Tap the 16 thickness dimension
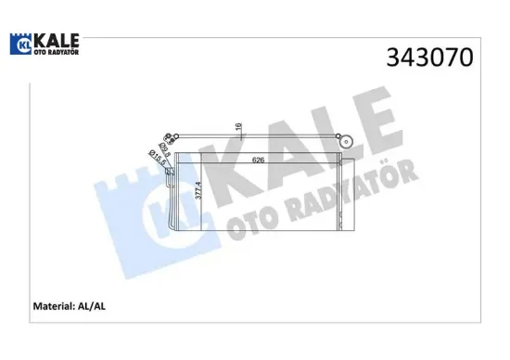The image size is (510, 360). [x=238, y=127]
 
